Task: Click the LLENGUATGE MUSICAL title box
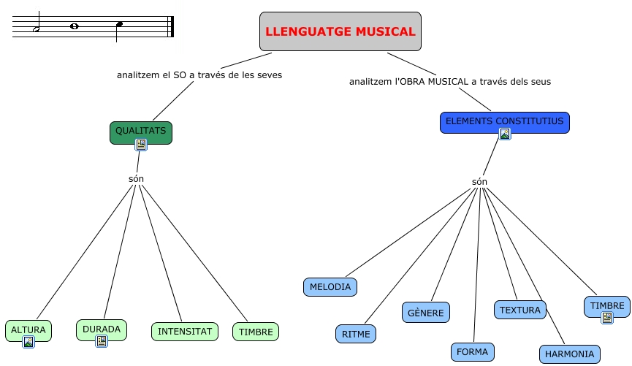pos(340,31)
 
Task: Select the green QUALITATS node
pos(141,131)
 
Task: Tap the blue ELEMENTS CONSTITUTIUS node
pos(504,121)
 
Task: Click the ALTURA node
pos(28,329)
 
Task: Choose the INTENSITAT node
pos(185,332)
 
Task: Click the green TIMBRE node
pos(256,332)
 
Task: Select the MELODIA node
pos(330,287)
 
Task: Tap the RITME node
pos(356,334)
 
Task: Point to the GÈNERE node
pos(426,312)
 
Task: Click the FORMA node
pos(472,351)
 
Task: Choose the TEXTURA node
pos(521,310)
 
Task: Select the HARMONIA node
pos(570,354)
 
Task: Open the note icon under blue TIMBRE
pos(607,318)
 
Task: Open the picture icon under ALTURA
pos(28,341)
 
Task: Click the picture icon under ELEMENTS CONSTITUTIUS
pos(505,134)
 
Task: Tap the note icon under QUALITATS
pos(141,145)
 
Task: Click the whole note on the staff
pos(74,27)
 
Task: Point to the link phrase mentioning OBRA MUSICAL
pos(450,82)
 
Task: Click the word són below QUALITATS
pos(137,179)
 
